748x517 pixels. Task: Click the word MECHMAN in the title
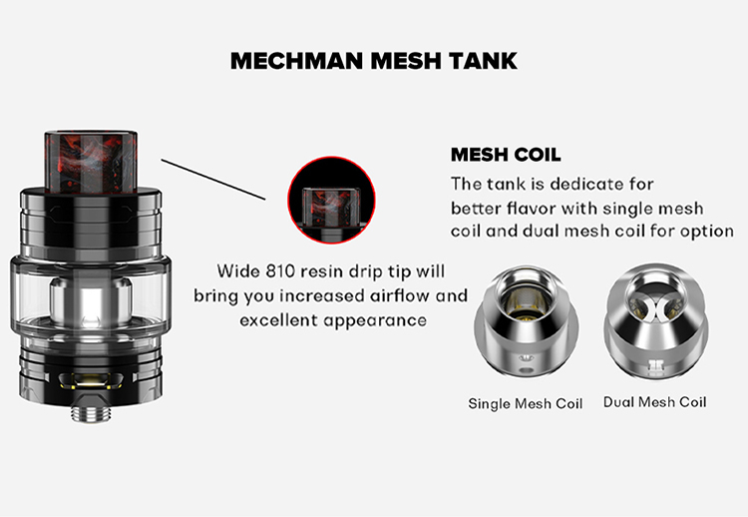[296, 61]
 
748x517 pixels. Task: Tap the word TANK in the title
[483, 61]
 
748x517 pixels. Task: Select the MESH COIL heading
[506, 155]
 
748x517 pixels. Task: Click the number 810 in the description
[277, 271]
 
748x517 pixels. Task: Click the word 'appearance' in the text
[375, 320]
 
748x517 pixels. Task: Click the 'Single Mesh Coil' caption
[526, 404]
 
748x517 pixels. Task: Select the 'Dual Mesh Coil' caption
[654, 402]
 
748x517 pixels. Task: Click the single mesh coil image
[527, 321]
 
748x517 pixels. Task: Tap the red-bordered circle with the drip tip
[331, 200]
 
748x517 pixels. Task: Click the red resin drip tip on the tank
[91, 162]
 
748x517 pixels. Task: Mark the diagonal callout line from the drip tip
[213, 180]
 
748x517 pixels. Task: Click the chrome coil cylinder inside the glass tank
[91, 303]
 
